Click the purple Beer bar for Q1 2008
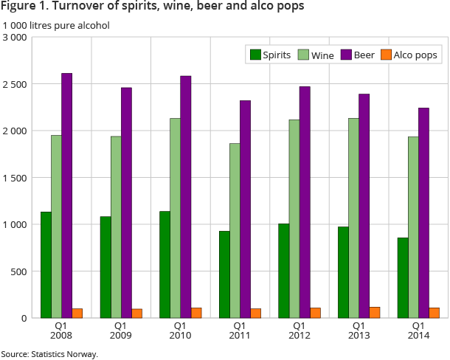[x=66, y=195]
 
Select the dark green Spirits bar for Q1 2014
[x=403, y=277]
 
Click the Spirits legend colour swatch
[x=256, y=55]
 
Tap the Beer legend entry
[x=359, y=55]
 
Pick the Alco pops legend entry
[x=409, y=55]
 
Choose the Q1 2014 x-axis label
[x=418, y=330]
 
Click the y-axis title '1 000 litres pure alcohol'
[x=56, y=25]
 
